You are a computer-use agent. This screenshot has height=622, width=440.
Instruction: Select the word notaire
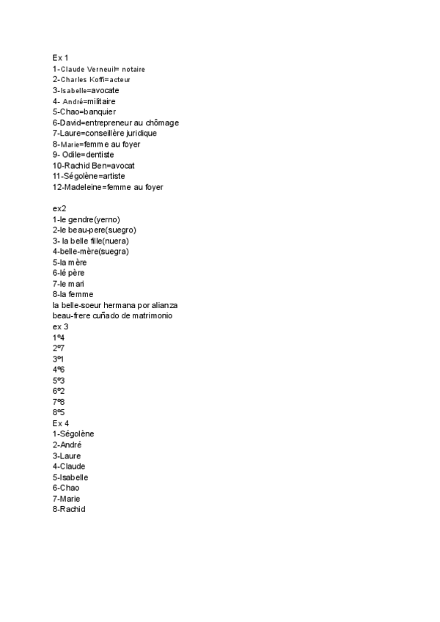(133, 69)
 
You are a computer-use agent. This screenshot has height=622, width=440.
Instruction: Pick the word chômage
(161, 122)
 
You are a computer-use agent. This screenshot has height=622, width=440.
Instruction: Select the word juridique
(140, 133)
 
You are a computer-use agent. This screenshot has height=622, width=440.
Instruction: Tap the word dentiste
(99, 155)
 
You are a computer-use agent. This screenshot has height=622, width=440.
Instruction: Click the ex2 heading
(59, 208)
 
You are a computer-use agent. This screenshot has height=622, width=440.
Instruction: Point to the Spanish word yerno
(106, 219)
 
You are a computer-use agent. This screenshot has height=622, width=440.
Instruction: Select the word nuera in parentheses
(116, 241)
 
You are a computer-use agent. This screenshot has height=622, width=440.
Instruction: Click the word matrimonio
(150, 315)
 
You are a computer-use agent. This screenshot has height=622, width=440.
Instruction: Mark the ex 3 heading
(60, 326)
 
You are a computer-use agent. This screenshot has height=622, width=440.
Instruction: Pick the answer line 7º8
(59, 402)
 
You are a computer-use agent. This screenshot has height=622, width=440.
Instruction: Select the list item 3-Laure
(67, 455)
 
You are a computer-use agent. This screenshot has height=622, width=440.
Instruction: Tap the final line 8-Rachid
(69, 509)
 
